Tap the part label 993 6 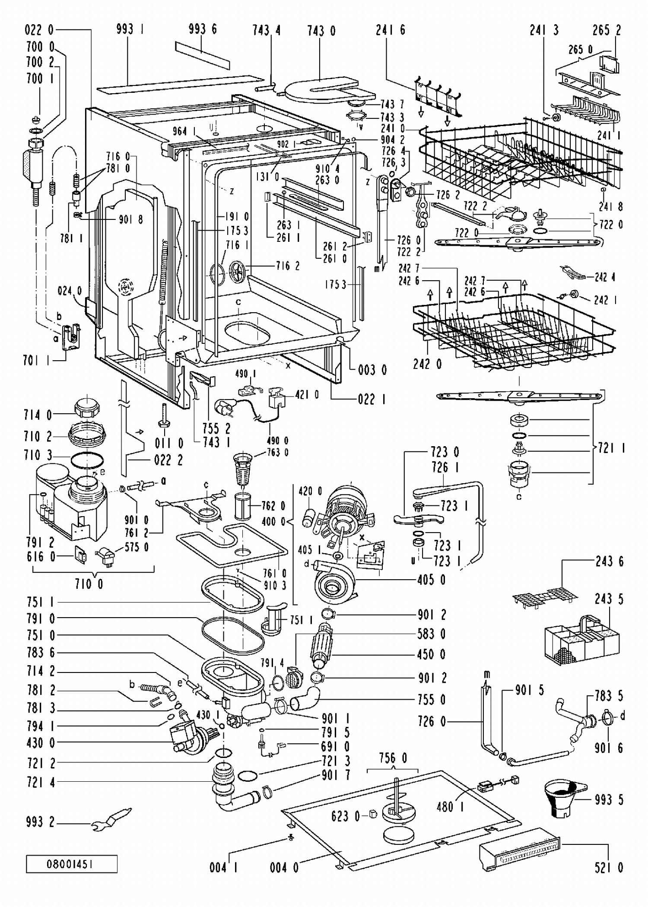(x=203, y=29)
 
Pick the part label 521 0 (x=609, y=867)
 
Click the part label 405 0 (x=431, y=580)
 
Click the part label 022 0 (x=39, y=30)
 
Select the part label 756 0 (x=393, y=758)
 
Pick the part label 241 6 (x=391, y=30)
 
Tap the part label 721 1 (x=612, y=448)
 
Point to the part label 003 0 (x=372, y=370)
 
